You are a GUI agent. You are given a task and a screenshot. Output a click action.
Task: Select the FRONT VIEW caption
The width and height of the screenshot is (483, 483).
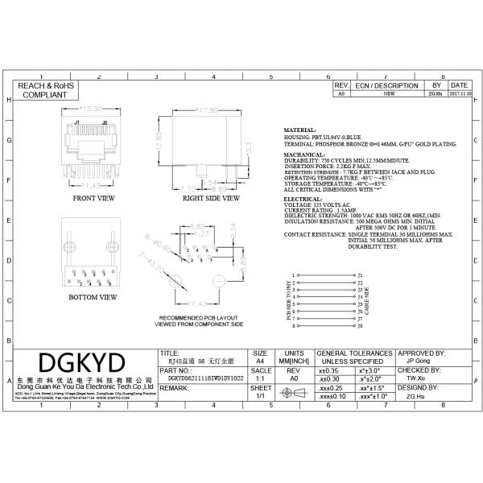94,197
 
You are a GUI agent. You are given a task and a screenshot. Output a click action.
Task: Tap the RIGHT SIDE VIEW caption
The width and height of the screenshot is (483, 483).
211,197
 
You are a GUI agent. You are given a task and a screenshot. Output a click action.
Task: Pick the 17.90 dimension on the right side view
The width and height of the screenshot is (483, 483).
208,109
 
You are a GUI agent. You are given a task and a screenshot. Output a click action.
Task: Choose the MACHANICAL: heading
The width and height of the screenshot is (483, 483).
307,153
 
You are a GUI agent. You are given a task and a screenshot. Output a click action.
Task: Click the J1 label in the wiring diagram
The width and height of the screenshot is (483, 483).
361,275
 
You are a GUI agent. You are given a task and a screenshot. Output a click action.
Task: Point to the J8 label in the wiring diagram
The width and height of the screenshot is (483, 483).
361,327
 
